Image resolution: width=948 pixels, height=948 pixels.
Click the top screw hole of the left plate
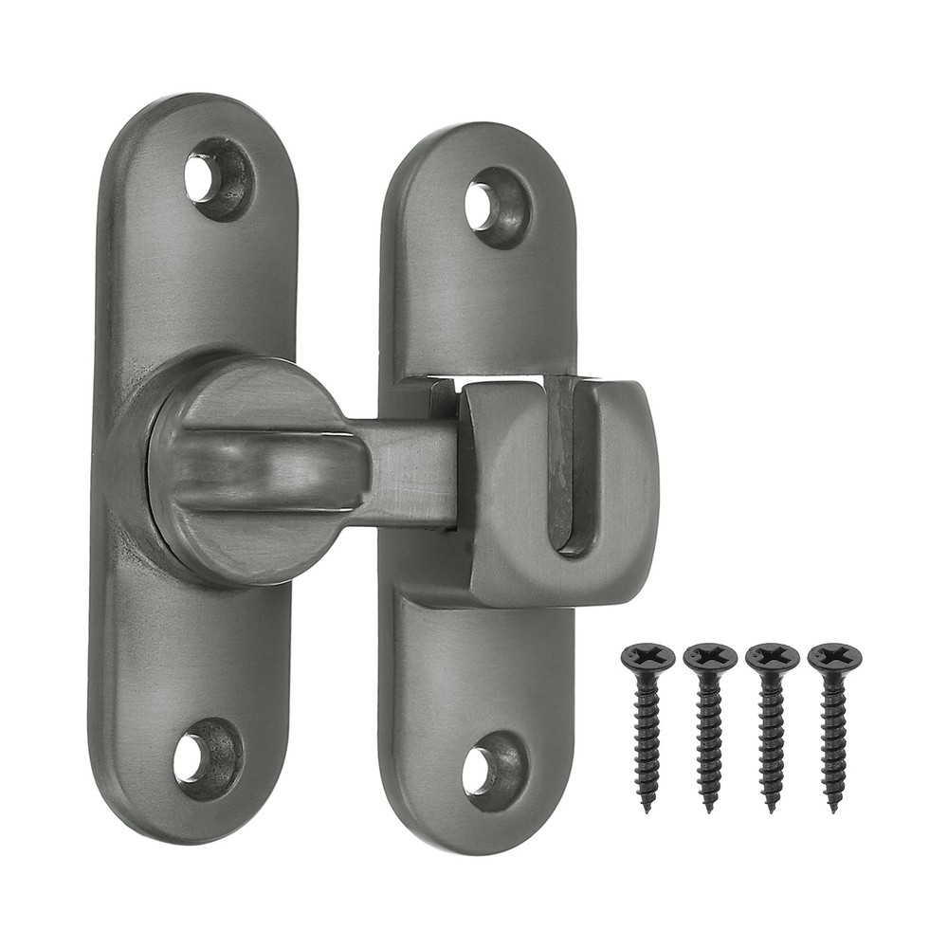point(203,177)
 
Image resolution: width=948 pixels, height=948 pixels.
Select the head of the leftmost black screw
point(647,655)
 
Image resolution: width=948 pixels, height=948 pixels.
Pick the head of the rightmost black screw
point(835,655)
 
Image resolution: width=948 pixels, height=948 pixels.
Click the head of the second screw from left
point(710,655)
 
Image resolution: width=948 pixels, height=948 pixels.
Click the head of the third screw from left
point(773,655)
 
